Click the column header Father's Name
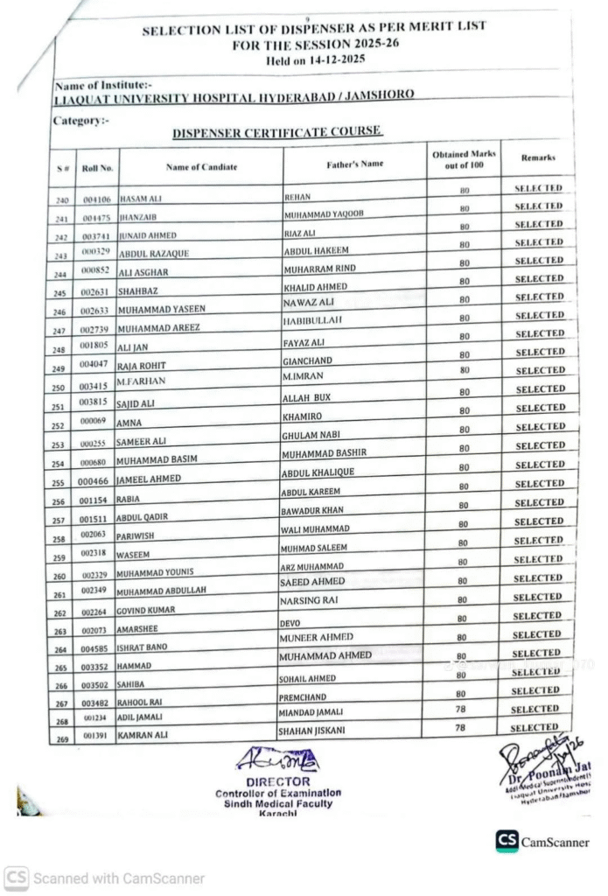[x=354, y=164]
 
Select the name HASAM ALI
[x=140, y=199]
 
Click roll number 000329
[x=94, y=253]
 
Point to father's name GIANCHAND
[x=308, y=360]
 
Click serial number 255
[x=59, y=482]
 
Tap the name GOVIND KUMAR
[x=146, y=610]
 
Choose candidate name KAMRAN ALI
[x=143, y=736]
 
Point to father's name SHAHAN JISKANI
[x=311, y=731]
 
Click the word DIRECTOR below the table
[x=277, y=781]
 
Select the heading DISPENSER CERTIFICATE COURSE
[x=276, y=131]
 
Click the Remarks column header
[x=538, y=158]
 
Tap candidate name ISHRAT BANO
[x=143, y=648]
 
